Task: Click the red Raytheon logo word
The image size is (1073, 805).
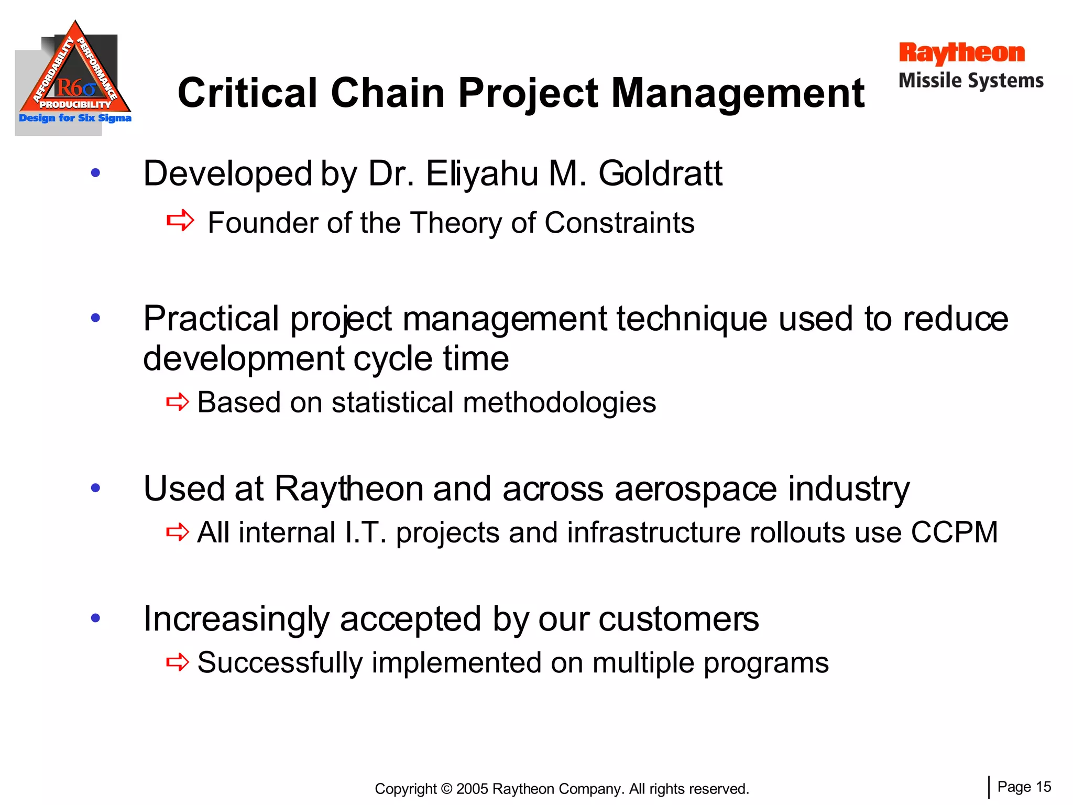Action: click(x=961, y=53)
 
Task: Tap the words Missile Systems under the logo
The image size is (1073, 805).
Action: click(x=971, y=81)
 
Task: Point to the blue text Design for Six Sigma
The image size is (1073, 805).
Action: click(x=75, y=118)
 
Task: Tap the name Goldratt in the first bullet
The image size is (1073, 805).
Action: click(x=660, y=173)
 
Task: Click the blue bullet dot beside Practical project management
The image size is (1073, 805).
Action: click(x=95, y=318)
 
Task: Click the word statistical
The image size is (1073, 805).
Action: click(x=392, y=402)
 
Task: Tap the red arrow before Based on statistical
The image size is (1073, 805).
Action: click(x=178, y=402)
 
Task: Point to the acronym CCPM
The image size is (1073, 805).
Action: click(x=954, y=532)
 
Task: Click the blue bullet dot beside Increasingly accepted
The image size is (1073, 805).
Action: click(x=95, y=618)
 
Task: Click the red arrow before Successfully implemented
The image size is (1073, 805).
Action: click(x=178, y=662)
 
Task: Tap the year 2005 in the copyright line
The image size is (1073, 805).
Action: click(x=472, y=789)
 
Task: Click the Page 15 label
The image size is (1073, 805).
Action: click(x=1024, y=787)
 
